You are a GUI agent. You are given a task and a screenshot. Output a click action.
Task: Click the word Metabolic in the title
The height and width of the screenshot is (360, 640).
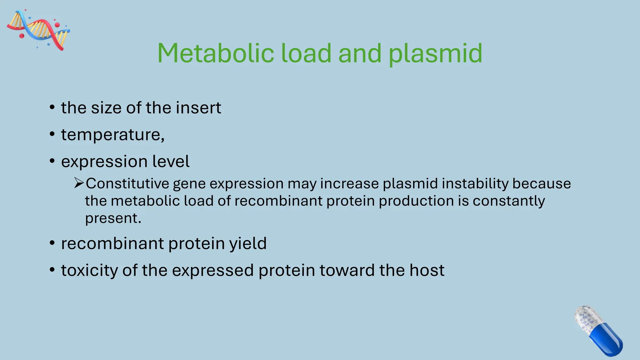click(x=216, y=53)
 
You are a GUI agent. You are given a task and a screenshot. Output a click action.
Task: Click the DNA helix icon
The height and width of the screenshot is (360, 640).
click(x=38, y=30)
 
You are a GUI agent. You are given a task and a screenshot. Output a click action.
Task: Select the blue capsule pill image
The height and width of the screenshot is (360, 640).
click(x=598, y=331)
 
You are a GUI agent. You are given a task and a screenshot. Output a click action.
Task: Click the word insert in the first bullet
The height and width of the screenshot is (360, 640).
click(x=198, y=108)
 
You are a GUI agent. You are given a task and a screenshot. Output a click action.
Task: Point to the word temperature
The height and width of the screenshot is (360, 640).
click(x=112, y=135)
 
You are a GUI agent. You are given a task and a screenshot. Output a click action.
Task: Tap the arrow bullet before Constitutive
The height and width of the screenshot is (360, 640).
click(x=79, y=183)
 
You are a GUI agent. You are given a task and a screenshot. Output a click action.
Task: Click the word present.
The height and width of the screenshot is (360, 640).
click(x=112, y=218)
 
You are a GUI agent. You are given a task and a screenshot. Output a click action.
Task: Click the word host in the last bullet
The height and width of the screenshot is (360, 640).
click(x=427, y=270)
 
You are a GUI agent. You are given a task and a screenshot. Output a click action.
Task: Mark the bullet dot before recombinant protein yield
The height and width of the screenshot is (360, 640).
click(x=52, y=243)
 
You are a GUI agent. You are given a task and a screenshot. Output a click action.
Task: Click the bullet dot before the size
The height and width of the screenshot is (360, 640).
click(x=52, y=107)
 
